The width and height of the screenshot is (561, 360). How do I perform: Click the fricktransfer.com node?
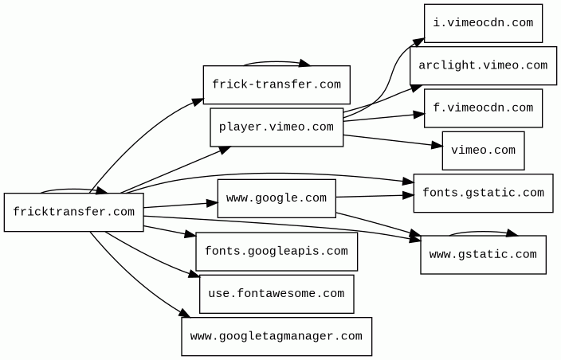coord(73,213)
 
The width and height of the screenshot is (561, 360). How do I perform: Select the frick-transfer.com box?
coord(277,84)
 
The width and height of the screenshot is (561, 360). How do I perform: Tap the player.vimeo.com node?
coord(277,127)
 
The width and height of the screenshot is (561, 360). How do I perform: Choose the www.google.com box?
coord(277,198)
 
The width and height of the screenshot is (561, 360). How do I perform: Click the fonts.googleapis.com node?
coord(277,252)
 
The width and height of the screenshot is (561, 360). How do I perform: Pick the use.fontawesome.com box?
coord(277,294)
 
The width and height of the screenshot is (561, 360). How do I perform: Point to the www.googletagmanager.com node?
coord(277,337)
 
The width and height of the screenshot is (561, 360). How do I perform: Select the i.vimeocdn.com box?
coord(484,23)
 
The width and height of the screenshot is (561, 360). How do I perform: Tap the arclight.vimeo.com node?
coord(484,66)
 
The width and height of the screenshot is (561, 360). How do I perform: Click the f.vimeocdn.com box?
coord(484,108)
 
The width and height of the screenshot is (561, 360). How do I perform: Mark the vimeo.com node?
coord(484,151)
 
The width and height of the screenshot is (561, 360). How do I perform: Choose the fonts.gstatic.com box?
coord(484,194)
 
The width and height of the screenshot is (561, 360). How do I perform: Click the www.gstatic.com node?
coord(484,255)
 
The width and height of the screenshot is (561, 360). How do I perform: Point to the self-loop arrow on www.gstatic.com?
coord(483,232)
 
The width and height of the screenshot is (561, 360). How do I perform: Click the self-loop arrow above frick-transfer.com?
coord(277,62)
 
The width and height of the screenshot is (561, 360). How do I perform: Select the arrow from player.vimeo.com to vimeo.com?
coord(393,140)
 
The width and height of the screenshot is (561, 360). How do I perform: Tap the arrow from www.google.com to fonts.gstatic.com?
coord(375,196)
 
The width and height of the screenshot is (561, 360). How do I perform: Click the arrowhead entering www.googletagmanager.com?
coord(185,314)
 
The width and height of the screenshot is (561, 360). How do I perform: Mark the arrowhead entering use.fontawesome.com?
coord(194,274)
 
